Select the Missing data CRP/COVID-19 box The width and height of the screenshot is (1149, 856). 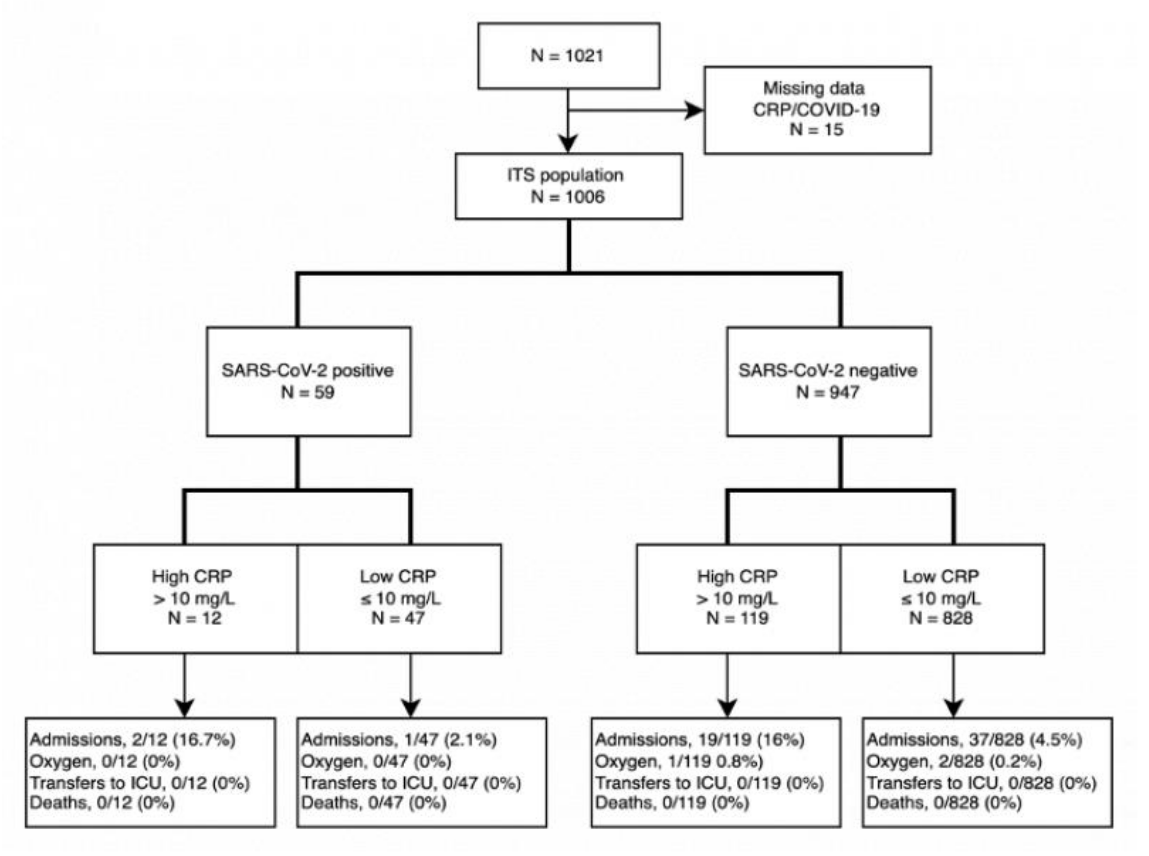[817, 110]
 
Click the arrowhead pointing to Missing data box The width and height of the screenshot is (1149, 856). [694, 110]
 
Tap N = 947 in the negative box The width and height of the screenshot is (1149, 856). [828, 392]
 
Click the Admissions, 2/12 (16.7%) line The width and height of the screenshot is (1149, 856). [133, 739]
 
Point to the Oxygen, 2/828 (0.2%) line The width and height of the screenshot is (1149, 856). [954, 761]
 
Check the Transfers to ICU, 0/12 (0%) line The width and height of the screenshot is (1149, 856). [140, 782]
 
